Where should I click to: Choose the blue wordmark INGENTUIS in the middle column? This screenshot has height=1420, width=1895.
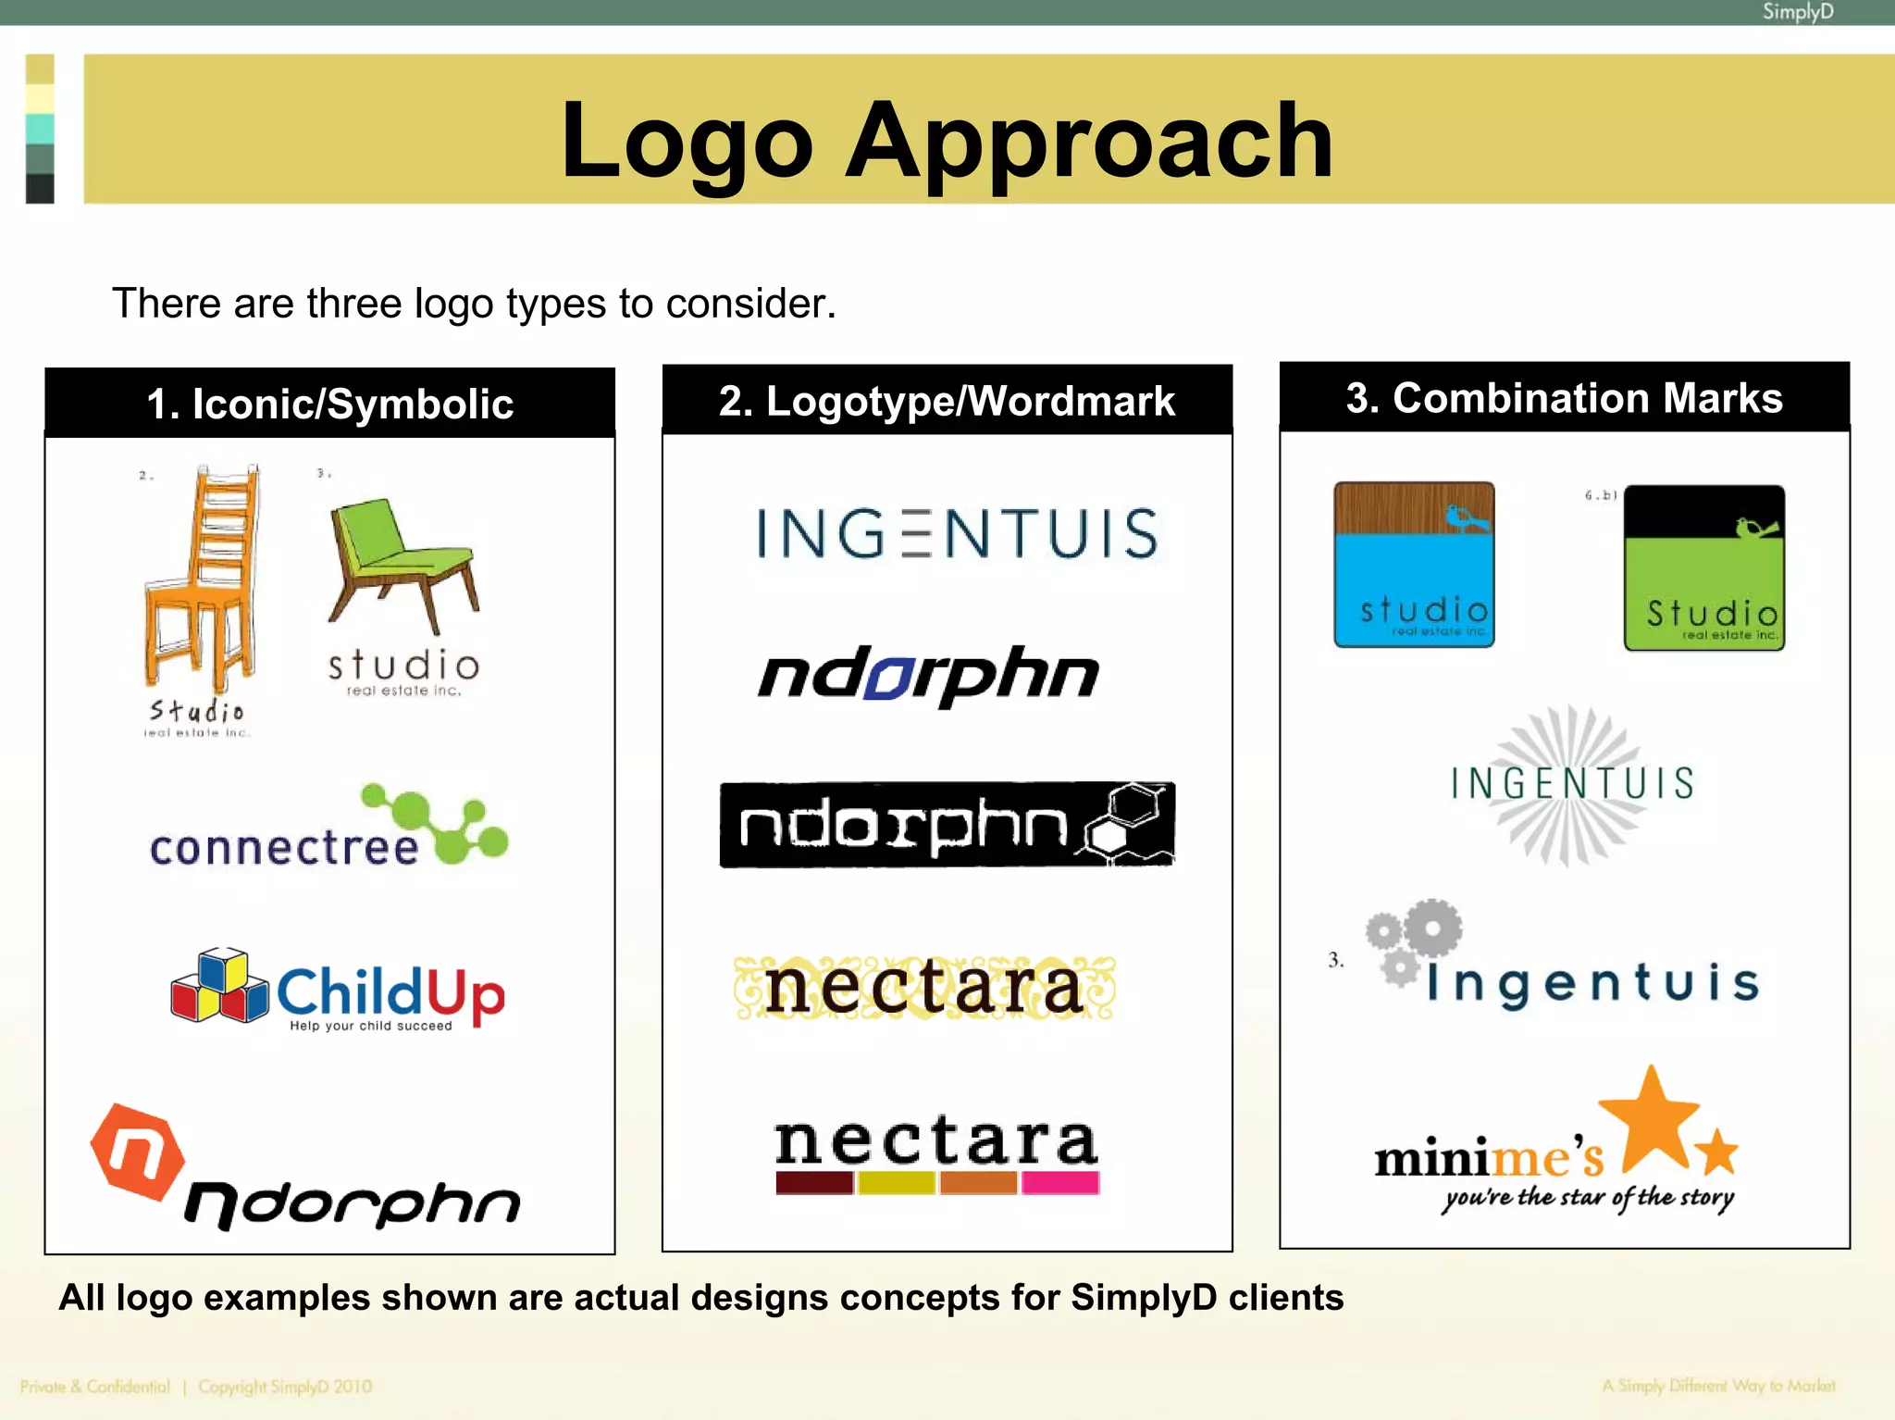pyautogui.click(x=957, y=533)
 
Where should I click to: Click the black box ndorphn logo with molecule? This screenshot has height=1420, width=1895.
pyautogui.click(x=947, y=825)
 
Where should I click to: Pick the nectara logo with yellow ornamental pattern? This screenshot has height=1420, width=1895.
pyautogui.click(x=924, y=989)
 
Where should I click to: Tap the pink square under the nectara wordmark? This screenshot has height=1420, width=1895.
pyautogui.click(x=1060, y=1183)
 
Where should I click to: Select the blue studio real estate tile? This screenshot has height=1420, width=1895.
pyautogui.click(x=1414, y=564)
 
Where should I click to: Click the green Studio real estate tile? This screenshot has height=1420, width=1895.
pyautogui.click(x=1704, y=567)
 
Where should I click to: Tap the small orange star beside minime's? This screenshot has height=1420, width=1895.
pyautogui.click(x=1717, y=1152)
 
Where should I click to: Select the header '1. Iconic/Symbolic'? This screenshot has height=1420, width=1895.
pyautogui.click(x=329, y=404)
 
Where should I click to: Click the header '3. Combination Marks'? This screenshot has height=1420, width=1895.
pyautogui.click(x=1564, y=398)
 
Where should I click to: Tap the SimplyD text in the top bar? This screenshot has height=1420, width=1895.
pyautogui.click(x=1797, y=12)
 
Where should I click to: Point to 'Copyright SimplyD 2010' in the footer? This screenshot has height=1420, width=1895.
pyautogui.click(x=285, y=1387)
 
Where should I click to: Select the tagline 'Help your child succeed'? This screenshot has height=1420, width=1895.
pyautogui.click(x=370, y=1026)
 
